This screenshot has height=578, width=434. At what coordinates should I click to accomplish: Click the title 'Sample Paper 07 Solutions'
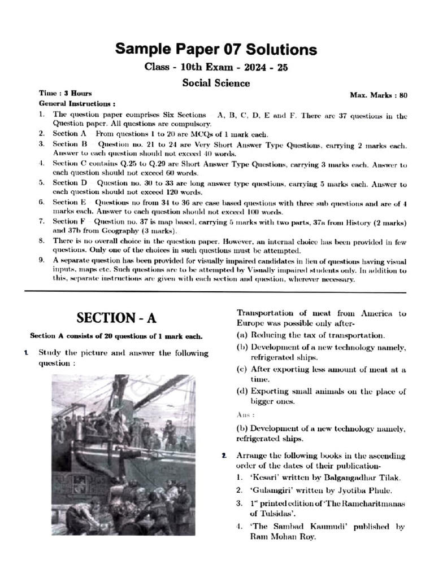(216, 49)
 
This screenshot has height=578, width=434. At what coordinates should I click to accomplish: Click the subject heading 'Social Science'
(216, 83)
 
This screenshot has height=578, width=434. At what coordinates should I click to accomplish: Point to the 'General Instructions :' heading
(77, 104)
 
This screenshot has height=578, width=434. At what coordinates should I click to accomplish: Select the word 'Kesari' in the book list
(263, 477)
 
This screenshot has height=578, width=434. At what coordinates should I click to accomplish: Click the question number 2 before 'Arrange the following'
(224, 455)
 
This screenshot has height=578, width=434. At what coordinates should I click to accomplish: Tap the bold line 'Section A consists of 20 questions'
(115, 336)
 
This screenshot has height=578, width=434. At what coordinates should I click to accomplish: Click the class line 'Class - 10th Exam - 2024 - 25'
(216, 68)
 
